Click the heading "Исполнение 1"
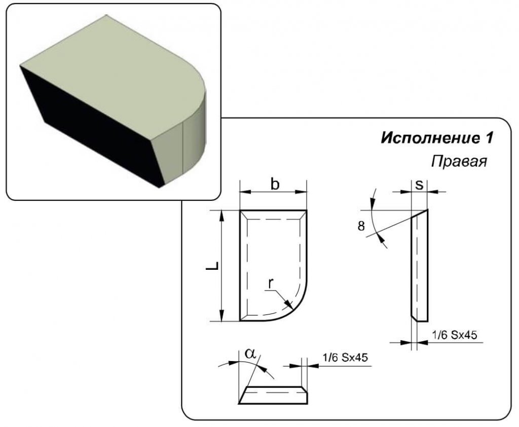437,138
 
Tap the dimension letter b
274,184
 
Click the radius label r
271,284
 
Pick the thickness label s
419,185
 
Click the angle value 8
361,227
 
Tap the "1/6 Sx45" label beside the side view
455,335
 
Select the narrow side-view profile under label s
419,269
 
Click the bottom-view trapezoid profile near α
274,395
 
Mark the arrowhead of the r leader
290,305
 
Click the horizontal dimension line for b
274,192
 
